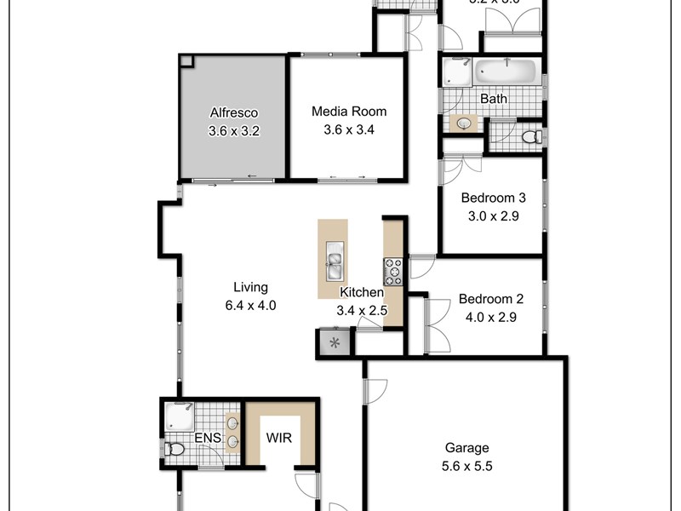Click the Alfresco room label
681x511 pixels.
pyautogui.click(x=233, y=112)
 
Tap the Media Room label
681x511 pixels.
pyautogui.click(x=349, y=111)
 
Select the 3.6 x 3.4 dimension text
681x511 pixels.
pyautogui.click(x=349, y=130)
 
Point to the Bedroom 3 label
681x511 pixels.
pyautogui.click(x=494, y=198)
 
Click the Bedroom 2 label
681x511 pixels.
pyautogui.click(x=490, y=299)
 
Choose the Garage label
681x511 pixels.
pyautogui.click(x=467, y=448)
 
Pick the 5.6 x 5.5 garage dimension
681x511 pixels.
pyautogui.click(x=467, y=466)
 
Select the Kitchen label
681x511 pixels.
pyautogui.click(x=362, y=292)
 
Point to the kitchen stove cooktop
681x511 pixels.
pyautogui.click(x=393, y=271)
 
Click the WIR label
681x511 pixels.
pyautogui.click(x=276, y=439)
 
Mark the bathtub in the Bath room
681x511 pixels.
pyautogui.click(x=506, y=72)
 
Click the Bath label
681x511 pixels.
pyautogui.click(x=494, y=99)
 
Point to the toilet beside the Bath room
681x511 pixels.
pyautogui.click(x=529, y=136)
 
